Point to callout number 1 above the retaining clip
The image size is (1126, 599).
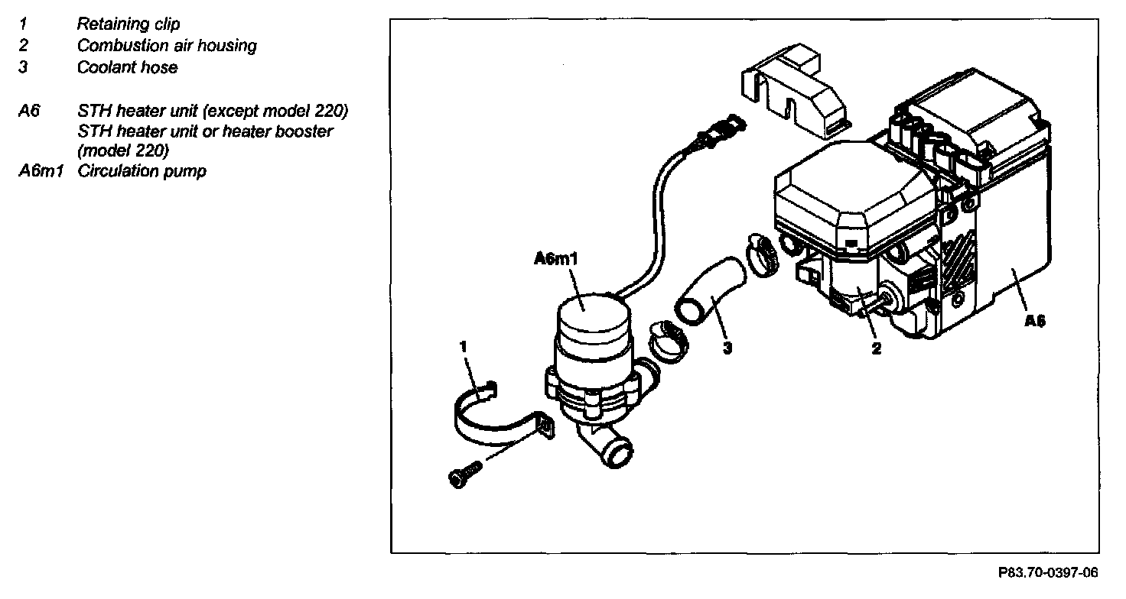coord(464,346)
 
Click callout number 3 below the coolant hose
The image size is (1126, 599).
coord(727,348)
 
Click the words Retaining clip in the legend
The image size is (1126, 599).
coord(129,24)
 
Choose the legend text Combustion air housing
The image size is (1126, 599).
coord(167,46)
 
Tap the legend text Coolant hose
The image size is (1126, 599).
coord(127,67)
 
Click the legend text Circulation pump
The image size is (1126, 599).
coord(142,171)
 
